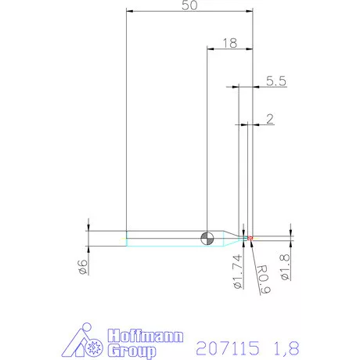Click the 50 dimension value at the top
click(189, 6)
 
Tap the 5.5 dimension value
click(276, 80)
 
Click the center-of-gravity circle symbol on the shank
click(207, 238)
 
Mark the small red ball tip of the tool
click(250, 237)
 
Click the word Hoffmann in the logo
click(146, 335)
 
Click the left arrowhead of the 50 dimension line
click(129, 12)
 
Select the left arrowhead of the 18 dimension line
click(210, 49)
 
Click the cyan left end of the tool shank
click(128, 238)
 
